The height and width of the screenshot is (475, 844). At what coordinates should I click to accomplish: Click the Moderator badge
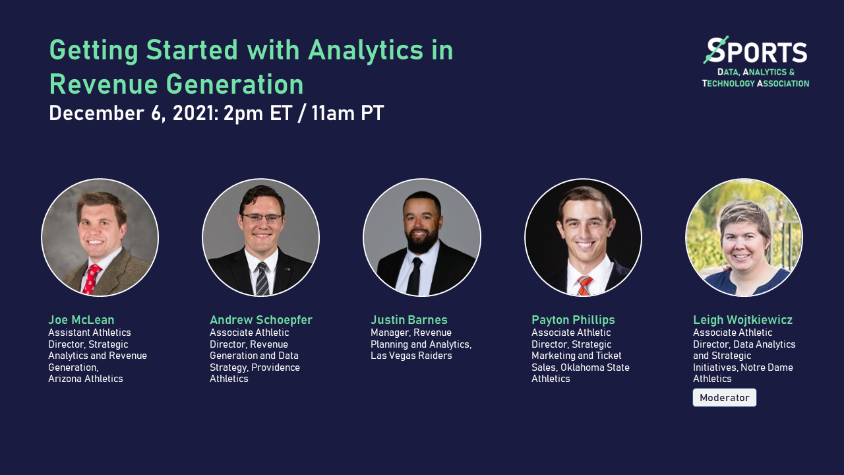click(724, 398)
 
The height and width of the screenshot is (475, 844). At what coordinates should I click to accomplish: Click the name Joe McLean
click(81, 320)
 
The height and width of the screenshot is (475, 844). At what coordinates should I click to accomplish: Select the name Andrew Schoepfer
click(260, 320)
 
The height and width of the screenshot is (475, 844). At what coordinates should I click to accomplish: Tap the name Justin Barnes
click(409, 320)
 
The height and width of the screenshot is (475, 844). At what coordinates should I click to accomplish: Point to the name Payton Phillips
click(573, 320)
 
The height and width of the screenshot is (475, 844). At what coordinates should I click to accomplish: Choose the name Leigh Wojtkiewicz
click(742, 320)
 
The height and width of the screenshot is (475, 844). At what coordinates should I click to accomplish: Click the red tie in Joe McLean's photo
click(91, 278)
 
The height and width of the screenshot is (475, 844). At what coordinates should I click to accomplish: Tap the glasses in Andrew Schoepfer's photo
click(262, 218)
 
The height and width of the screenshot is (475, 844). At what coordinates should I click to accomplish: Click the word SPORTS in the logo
click(756, 52)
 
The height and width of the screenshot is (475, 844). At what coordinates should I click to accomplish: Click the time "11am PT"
click(347, 113)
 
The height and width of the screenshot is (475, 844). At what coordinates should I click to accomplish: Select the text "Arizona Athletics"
click(86, 379)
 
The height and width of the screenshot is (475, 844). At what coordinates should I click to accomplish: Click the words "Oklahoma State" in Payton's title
click(595, 367)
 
